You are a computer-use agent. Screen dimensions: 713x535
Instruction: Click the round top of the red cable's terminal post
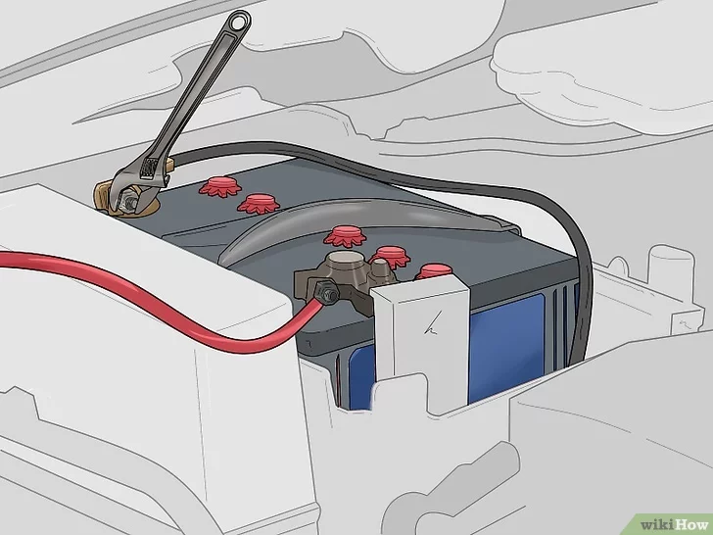point(346,261)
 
